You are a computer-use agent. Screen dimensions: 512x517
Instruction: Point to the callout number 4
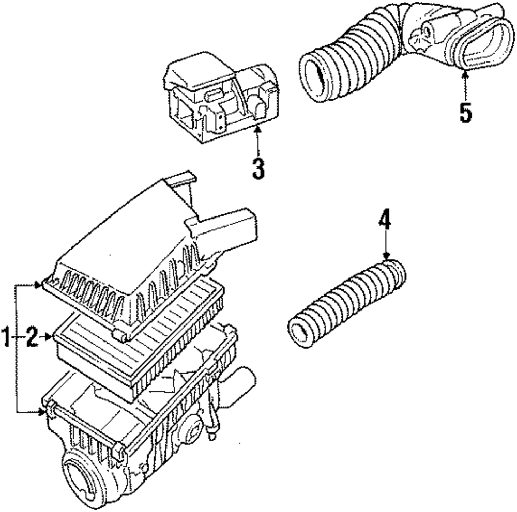pyautogui.click(x=384, y=221)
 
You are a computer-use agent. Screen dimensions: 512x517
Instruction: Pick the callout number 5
pyautogui.click(x=466, y=113)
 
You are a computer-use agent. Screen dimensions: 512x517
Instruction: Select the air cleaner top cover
pyautogui.click(x=129, y=258)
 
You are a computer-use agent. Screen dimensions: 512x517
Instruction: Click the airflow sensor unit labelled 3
pyautogui.click(x=220, y=101)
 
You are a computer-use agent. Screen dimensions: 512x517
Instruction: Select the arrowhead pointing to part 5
pyautogui.click(x=465, y=76)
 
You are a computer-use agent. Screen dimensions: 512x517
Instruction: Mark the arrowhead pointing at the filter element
pyautogui.click(x=50, y=337)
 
